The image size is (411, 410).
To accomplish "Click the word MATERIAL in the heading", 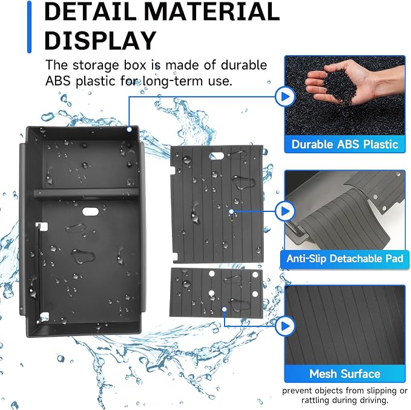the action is coord(212,12).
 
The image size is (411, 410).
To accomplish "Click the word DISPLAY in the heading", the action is coord(100,41).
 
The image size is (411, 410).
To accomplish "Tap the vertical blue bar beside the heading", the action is coord(29,27).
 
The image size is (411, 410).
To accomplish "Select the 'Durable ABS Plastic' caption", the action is coord(344,144).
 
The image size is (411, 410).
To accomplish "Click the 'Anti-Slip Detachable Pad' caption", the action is coord(344,259).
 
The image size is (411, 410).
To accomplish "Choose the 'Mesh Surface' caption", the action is coord(344,374).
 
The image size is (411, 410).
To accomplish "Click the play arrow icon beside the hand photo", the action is coord(285,96).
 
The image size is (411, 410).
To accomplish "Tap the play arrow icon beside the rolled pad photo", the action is coord(285,211).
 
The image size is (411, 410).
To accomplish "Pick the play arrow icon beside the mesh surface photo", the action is coord(285,326).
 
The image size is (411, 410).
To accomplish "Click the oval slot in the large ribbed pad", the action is coord(217,156).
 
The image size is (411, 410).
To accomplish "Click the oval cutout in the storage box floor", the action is coord(90,211).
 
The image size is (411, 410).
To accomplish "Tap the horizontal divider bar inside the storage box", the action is coord(87,193).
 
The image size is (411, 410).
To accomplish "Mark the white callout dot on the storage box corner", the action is coord(129,130).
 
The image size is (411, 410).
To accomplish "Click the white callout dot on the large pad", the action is coord(231,211).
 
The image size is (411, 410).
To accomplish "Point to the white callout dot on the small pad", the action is coord(225,309).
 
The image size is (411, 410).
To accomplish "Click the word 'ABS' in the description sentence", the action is coord(58,81).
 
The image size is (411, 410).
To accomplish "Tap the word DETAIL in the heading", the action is coord(90,12).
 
